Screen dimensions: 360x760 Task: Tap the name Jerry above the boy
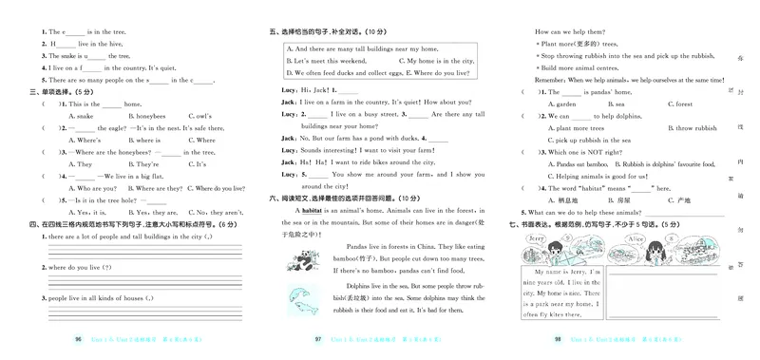click(535, 239)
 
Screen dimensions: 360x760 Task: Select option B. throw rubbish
click(648, 127)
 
